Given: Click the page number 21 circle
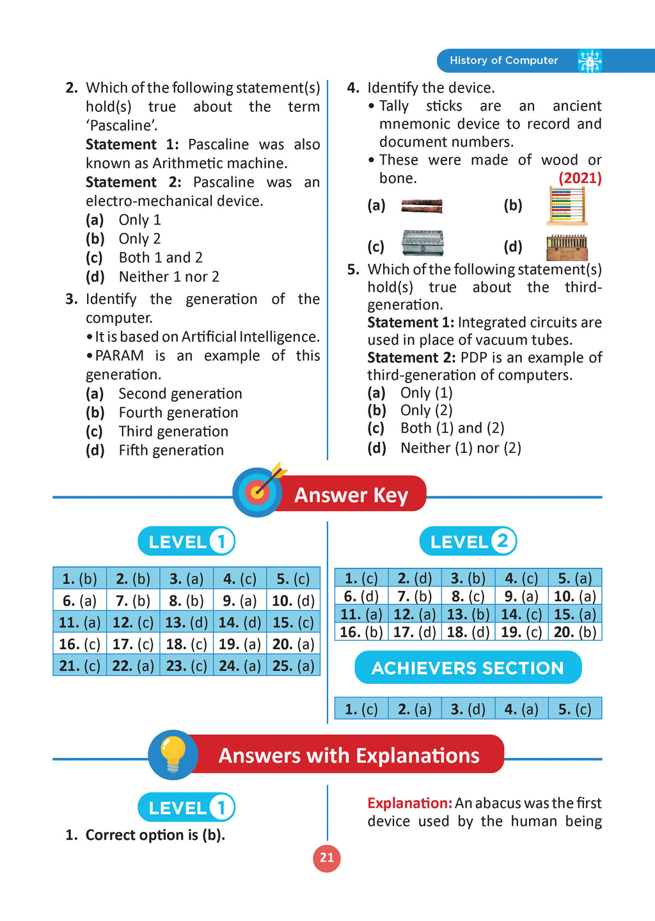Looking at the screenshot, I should point(327,858).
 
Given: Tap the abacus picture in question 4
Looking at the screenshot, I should point(567,206).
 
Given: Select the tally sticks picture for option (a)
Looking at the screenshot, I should point(422,206).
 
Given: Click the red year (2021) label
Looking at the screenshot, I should point(580,178).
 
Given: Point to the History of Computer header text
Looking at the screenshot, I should point(503,60).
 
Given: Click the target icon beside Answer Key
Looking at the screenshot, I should point(258,491).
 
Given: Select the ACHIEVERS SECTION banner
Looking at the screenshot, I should point(468,668).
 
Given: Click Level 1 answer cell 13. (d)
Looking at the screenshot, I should point(186,622).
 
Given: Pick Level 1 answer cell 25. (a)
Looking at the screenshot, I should point(293,666).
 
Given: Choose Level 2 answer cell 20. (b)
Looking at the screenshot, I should point(575,632).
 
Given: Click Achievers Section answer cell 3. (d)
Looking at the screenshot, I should point(468,709).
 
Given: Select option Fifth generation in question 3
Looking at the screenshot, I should point(171,450).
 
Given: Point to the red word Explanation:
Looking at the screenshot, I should point(409,803).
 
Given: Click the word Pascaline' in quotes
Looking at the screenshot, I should point(122,125).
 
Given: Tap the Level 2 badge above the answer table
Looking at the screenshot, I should point(468,542).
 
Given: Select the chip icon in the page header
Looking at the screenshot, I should point(589,61).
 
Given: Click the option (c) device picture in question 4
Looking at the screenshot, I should point(422,243).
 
